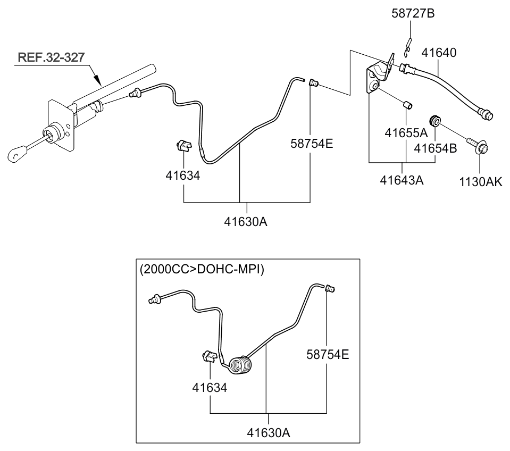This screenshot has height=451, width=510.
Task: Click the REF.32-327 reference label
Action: tap(51, 57)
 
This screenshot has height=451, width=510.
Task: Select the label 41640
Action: tap(439, 53)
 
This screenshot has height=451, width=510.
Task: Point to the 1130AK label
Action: tap(481, 181)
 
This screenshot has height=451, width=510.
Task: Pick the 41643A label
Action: tap(402, 180)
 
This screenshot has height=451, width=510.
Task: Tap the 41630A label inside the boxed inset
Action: tap(268, 432)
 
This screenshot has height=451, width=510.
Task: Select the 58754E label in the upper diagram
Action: tap(312, 143)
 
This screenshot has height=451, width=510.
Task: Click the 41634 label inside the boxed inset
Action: tap(210, 388)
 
